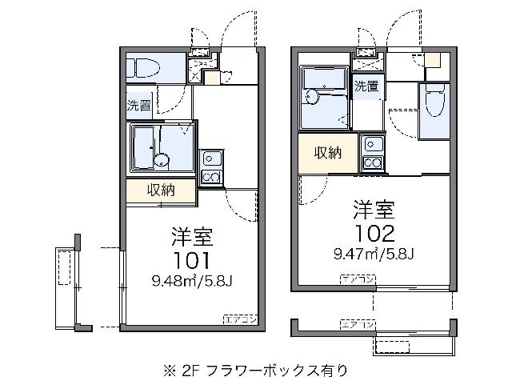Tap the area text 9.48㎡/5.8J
click(x=191, y=280)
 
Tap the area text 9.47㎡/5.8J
click(x=374, y=255)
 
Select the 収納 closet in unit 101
click(x=160, y=190)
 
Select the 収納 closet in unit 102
click(x=328, y=152)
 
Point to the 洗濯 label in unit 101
click(x=137, y=104)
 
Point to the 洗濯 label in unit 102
click(x=366, y=86)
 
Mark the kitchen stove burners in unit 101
click(x=211, y=177)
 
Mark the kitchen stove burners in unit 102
click(x=373, y=162)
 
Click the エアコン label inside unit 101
click(x=239, y=319)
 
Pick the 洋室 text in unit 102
click(x=374, y=211)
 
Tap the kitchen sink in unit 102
click(x=373, y=144)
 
